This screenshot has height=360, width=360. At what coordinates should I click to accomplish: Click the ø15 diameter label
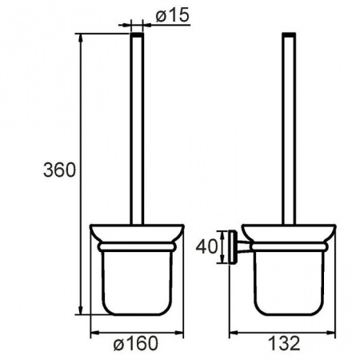point(173,14)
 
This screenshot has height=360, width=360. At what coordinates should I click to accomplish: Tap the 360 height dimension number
point(59,170)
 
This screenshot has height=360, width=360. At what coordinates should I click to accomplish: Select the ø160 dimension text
point(135,343)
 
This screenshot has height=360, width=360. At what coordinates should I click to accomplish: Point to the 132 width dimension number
point(284,343)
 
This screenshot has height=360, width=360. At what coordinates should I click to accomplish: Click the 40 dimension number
point(206,246)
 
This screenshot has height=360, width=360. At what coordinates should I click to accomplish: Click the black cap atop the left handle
point(137,34)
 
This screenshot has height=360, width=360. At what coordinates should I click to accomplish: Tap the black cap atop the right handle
point(289,34)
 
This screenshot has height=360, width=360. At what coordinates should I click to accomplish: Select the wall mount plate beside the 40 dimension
point(232,246)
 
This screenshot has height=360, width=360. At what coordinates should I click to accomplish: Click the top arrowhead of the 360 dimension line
point(80,38)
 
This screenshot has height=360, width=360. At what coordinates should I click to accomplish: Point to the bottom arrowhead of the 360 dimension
point(80,310)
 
